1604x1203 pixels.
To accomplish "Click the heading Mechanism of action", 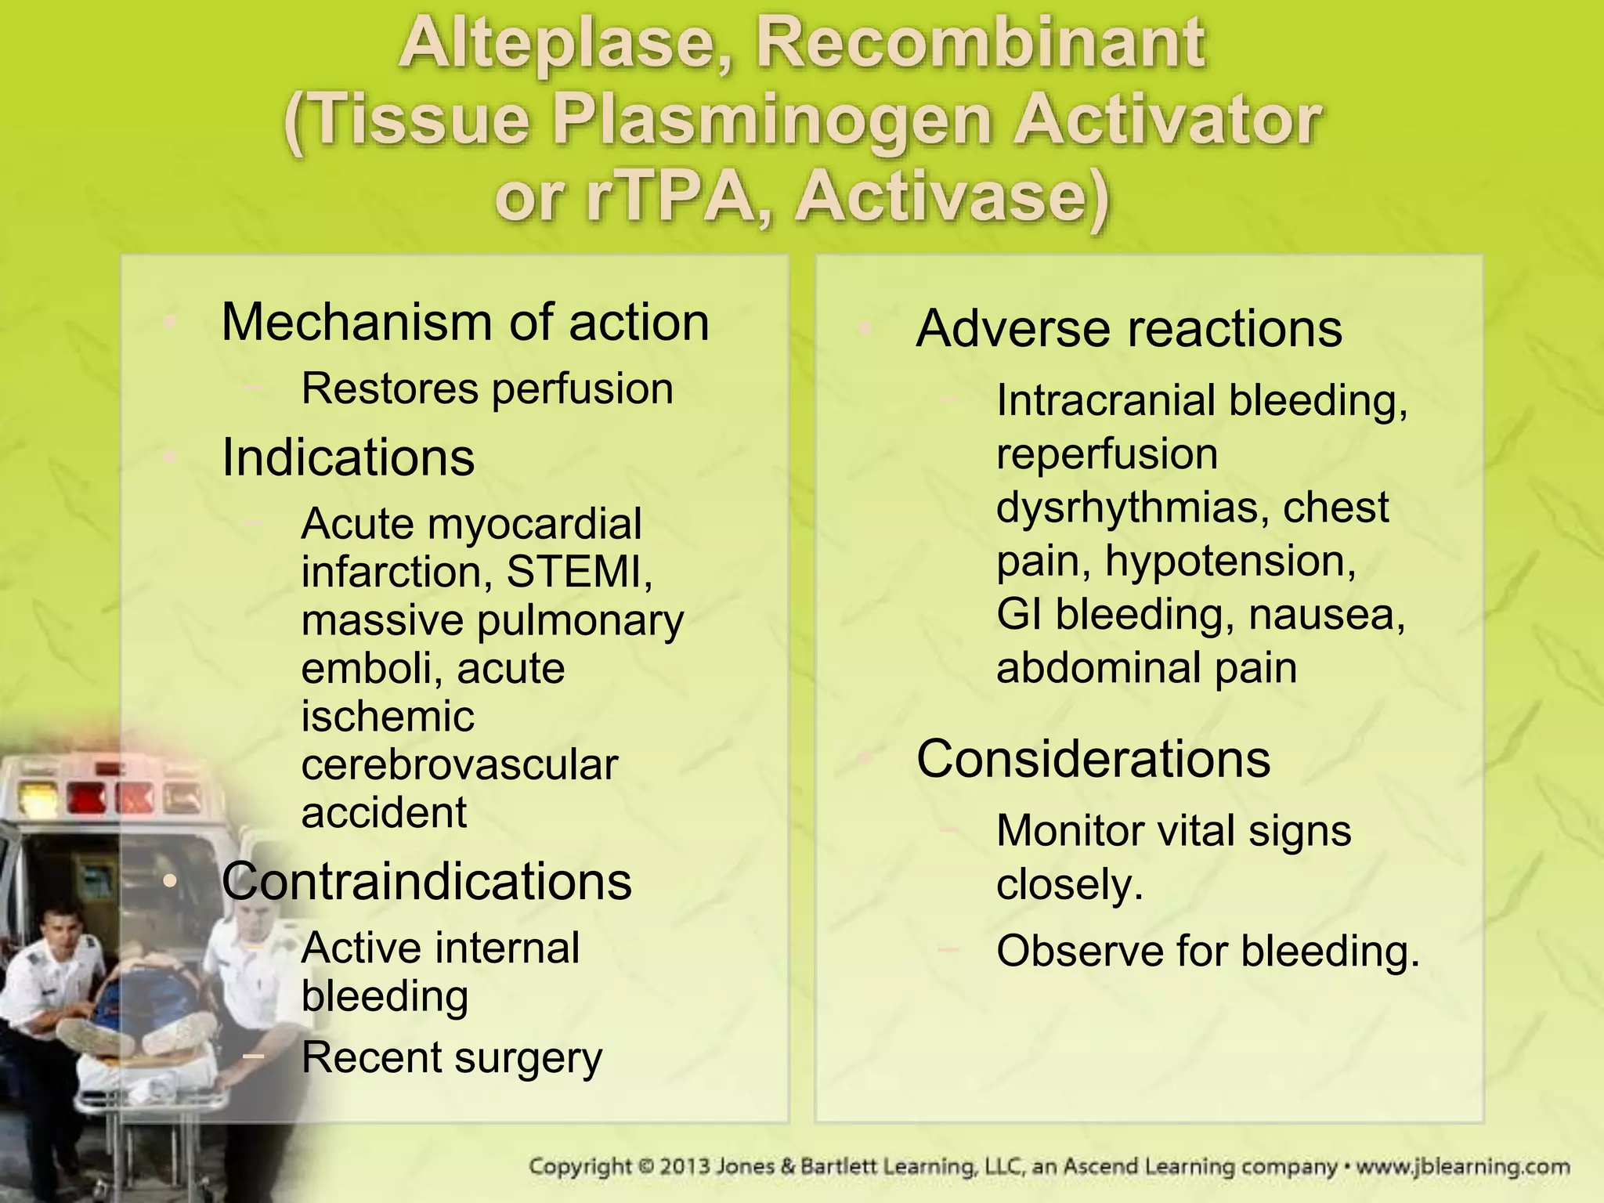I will tap(465, 322).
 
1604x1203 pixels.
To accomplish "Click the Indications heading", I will tap(348, 457).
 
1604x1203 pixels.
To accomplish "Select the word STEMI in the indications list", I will tap(579, 572).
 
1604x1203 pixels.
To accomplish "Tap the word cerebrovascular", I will tap(460, 765).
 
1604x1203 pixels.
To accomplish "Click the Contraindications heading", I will tap(426, 881).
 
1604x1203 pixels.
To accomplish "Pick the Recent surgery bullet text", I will tap(452, 1057).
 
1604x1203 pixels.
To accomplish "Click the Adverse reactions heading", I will tap(1129, 328).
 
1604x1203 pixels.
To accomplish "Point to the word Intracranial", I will tap(1105, 400).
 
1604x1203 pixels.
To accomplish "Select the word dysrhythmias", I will tap(1133, 508).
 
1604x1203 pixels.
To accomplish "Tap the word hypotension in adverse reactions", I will tap(1230, 561).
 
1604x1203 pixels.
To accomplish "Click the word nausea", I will tap(1327, 614).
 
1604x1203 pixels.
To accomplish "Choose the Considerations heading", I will tap(1093, 759).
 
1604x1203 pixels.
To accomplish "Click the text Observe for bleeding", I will tap(1208, 951).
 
